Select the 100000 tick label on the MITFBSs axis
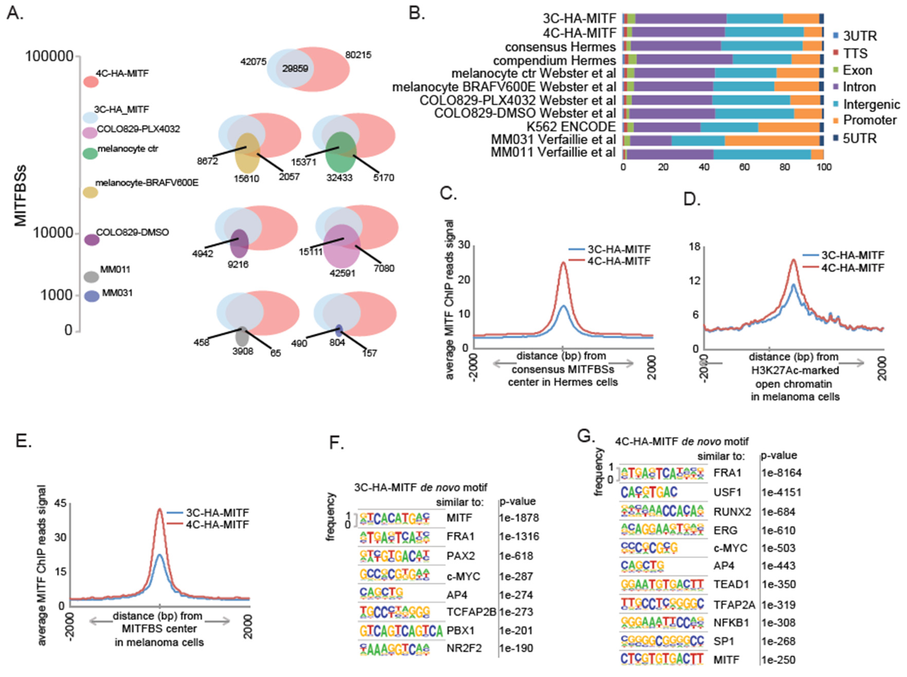tap(49, 56)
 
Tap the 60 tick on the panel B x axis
tap(744, 167)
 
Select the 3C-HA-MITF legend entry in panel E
tap(217, 513)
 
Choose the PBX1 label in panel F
tap(459, 630)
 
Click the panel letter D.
tap(692, 200)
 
